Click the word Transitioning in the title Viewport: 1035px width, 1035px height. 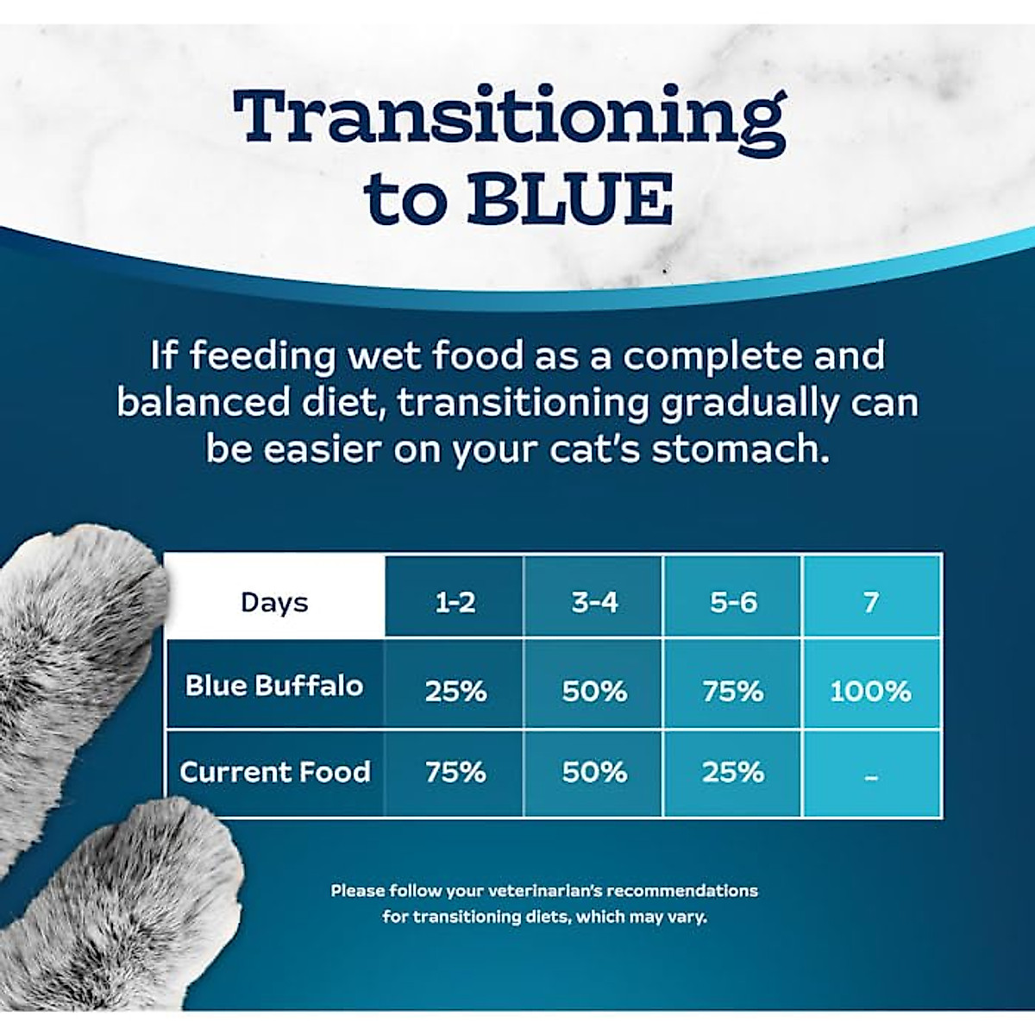509,119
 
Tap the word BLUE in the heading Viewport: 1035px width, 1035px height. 569,199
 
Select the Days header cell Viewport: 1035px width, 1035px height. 274,602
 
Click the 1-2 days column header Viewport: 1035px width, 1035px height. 455,602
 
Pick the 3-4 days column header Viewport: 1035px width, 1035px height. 594,602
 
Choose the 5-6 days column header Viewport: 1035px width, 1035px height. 733,602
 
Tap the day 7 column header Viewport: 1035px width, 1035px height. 871,602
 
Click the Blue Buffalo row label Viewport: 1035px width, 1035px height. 274,686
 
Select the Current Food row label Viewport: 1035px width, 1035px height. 274,771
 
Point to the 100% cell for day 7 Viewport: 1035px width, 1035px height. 871,691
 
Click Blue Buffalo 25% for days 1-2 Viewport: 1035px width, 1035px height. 455,691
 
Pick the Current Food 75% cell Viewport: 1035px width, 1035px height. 455,772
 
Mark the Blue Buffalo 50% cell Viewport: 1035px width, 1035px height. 594,691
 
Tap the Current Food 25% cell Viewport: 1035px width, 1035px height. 733,772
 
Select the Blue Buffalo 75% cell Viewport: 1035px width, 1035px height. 733,691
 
